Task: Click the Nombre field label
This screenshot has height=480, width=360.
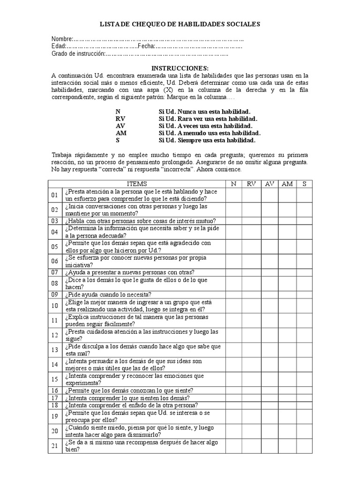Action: click(62, 39)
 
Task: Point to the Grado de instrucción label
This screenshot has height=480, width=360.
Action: click(78, 54)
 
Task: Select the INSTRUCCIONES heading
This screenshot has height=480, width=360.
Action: click(180, 68)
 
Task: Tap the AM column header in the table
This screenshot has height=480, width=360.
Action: click(287, 184)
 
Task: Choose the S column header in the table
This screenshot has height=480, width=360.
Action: click(304, 184)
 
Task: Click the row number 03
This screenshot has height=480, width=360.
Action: click(55, 221)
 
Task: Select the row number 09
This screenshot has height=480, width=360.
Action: click(55, 294)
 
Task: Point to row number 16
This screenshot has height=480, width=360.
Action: click(55, 390)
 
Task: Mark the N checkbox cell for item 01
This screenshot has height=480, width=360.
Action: click(233, 195)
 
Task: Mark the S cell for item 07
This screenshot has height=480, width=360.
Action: click(304, 272)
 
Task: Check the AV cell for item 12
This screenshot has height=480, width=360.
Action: click(269, 335)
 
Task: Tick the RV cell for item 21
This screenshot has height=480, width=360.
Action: click(251, 446)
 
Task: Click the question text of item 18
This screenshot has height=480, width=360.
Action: click(132, 405)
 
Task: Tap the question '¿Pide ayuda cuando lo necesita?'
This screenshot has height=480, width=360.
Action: click(108, 294)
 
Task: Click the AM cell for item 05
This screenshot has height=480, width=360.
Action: click(287, 247)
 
